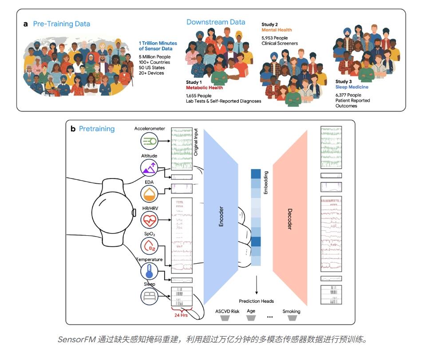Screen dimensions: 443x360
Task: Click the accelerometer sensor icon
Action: [149, 141]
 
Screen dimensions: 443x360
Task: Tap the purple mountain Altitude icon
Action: [149, 167]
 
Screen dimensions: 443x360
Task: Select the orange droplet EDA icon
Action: [149, 194]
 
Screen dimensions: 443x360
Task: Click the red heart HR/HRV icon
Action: [149, 220]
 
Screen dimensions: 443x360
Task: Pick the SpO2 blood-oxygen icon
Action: [149, 245]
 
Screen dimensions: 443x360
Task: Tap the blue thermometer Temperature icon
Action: [149, 271]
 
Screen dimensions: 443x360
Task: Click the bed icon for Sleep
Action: [149, 296]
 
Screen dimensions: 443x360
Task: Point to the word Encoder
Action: [221, 216]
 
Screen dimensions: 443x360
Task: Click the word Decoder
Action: [289, 219]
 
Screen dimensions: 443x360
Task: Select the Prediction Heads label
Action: [256, 301]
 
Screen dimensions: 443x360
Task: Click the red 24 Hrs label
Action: [181, 315]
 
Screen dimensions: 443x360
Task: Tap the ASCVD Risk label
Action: [227, 312]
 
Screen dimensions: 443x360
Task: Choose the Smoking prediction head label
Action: [291, 312]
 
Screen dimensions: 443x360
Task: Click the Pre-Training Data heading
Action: [62, 24]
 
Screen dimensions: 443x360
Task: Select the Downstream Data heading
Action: [216, 22]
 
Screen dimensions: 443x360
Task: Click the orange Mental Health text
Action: [277, 30]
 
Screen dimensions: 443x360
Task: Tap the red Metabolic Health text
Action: [204, 87]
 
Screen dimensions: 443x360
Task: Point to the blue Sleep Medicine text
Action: [352, 87]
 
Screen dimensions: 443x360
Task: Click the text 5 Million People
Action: [154, 57]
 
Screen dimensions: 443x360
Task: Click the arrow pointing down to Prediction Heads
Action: [257, 285]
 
